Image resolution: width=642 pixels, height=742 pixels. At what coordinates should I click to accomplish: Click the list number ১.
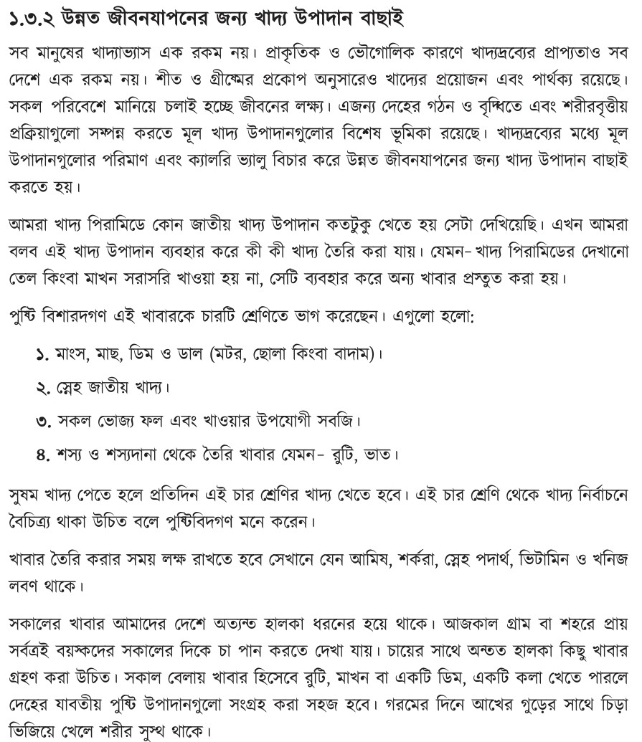pyautogui.click(x=41, y=354)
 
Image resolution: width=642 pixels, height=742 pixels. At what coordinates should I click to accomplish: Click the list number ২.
pyautogui.click(x=41, y=388)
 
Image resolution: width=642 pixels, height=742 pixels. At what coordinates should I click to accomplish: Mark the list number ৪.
pyautogui.click(x=41, y=455)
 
